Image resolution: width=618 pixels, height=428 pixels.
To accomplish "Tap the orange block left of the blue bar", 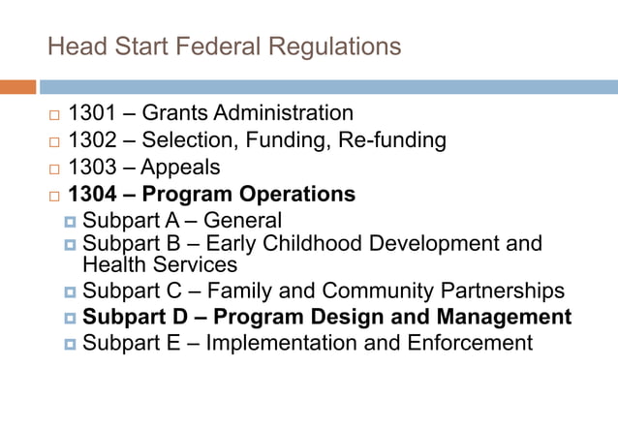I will click(17, 87).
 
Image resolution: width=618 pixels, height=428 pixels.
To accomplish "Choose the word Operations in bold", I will click(298, 195).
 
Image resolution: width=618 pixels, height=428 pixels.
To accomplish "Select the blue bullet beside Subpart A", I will click(70, 223).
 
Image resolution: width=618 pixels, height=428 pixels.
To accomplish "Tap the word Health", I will click(111, 263).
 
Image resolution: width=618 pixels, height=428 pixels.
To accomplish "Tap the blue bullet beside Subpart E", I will click(70, 344).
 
